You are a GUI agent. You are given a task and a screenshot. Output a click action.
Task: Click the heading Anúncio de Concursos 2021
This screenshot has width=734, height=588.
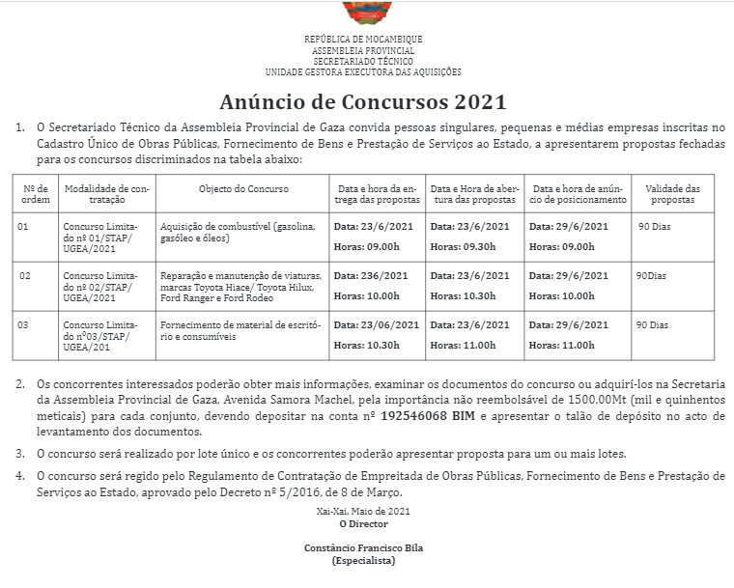point(363,101)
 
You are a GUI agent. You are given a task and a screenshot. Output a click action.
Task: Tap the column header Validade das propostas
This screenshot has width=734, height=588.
point(672,194)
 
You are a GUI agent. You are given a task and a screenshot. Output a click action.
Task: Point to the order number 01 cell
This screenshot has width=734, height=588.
point(24,226)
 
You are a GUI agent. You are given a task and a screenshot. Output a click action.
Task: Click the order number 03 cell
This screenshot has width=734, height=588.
point(24,325)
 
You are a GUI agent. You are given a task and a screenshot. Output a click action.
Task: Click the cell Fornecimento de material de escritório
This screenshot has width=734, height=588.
point(240,331)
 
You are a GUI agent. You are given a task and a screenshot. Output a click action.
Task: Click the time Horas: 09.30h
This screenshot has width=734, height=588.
point(464,246)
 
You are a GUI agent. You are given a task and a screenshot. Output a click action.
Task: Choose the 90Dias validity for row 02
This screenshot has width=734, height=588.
point(651,276)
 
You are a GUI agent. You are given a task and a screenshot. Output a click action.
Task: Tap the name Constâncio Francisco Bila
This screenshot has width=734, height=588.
point(363,547)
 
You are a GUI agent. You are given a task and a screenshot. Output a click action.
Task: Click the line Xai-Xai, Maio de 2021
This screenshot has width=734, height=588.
point(363,512)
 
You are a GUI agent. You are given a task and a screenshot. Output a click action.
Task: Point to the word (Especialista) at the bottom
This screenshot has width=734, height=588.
point(363,560)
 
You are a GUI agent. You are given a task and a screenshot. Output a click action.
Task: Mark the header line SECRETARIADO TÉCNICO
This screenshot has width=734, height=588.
point(363,61)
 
